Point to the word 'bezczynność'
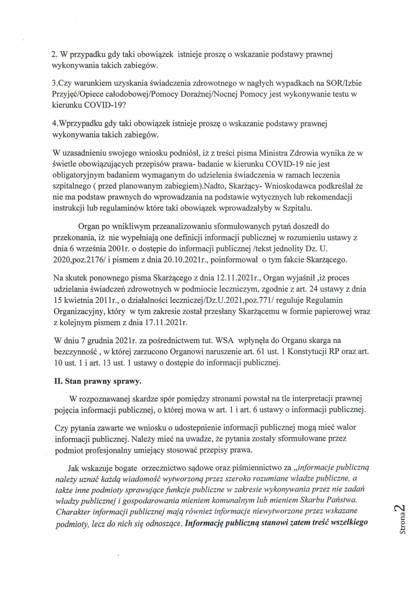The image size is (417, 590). click(71, 351)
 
